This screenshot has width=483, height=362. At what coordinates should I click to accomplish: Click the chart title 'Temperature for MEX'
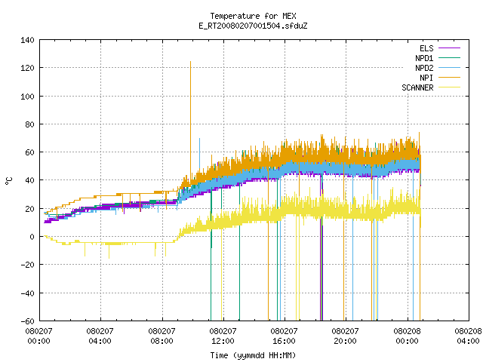[x=254, y=16]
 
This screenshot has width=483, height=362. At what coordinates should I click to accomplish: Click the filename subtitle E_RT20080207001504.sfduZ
[x=254, y=26]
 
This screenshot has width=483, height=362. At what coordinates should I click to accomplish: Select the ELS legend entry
[x=440, y=48]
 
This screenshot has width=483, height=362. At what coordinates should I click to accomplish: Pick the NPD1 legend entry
[x=438, y=58]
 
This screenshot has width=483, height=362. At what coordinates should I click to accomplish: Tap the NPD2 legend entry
[x=438, y=68]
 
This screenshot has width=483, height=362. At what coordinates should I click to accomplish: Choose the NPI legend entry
[x=440, y=78]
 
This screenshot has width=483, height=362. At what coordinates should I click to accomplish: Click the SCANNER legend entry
[x=431, y=87]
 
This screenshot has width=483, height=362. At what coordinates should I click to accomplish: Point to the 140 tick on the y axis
[x=27, y=40]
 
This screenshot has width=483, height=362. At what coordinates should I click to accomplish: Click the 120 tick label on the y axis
[x=27, y=68]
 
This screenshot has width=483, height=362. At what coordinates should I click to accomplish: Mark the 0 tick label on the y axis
[x=32, y=237]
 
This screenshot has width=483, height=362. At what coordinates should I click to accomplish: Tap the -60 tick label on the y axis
[x=27, y=321]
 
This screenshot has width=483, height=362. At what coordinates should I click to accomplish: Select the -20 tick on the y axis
[x=27, y=265]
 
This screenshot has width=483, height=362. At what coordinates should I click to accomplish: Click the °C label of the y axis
[x=9, y=181]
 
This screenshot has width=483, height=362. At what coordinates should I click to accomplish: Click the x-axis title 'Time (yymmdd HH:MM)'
[x=254, y=355]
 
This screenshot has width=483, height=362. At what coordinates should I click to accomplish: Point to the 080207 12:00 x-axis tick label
[x=223, y=336]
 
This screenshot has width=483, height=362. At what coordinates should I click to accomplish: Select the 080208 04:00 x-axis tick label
[x=468, y=336]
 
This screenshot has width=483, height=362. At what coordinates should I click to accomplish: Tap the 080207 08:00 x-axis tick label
[x=162, y=336]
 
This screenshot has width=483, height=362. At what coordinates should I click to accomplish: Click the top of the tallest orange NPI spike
[x=190, y=62]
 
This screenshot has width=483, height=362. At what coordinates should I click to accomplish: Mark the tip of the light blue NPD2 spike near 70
[x=199, y=139]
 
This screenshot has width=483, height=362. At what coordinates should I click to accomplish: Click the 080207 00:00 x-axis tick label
[x=38, y=336]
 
